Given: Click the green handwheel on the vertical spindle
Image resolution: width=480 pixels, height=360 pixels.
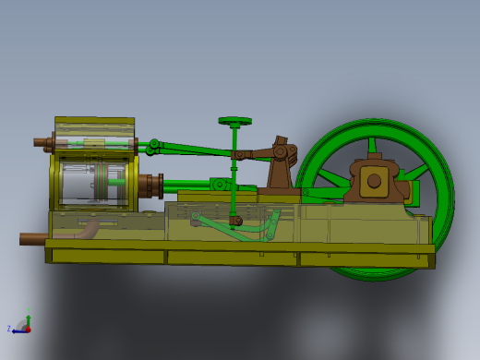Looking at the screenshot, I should pyautogui.click(x=235, y=120).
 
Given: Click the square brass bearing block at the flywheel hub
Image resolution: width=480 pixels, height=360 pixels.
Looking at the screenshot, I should pyautogui.click(x=374, y=181).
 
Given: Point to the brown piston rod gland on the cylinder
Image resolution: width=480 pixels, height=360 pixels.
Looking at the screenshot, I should pyautogui.click(x=152, y=185).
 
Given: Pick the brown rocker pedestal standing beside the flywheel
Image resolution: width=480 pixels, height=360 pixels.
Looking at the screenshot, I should pyautogui.click(x=278, y=171).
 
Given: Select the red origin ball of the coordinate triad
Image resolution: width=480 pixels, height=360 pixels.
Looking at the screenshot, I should pyautogui.click(x=27, y=328).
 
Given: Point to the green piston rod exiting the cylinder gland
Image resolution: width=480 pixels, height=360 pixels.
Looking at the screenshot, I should pyautogui.click(x=189, y=185).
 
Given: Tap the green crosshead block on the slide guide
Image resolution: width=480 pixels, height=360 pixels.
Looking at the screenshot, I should pyautogui.click(x=221, y=186).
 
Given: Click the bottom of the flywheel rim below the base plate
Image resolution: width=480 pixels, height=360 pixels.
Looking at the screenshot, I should pyautogui.click(x=369, y=274).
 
